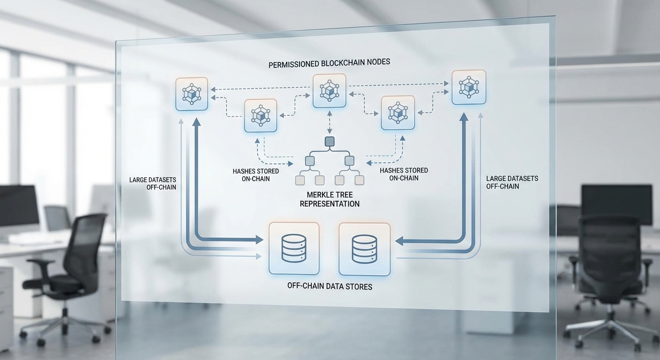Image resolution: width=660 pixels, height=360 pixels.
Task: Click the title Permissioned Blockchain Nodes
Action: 329,63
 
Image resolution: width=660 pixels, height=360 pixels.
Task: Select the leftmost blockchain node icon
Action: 192,94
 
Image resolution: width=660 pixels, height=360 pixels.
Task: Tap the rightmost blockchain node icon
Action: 468,87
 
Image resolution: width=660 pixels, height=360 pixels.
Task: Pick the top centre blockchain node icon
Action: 329,90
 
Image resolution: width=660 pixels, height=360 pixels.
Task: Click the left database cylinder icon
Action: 294,248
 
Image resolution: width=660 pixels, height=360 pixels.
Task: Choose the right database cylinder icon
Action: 364,248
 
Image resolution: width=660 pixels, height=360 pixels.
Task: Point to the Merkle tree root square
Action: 329,142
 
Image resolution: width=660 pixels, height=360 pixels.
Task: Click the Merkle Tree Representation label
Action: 330,199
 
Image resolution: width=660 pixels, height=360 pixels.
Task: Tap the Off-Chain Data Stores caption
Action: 330,285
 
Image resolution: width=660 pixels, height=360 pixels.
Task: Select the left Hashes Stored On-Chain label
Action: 255,175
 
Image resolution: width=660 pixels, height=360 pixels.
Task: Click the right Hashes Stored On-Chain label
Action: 404,174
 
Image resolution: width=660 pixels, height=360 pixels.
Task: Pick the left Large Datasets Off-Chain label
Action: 153,183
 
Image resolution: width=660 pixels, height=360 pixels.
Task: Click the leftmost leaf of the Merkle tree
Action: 300,180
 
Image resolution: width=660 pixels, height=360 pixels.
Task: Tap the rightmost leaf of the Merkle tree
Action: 360,180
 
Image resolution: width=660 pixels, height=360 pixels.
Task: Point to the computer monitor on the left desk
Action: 19,206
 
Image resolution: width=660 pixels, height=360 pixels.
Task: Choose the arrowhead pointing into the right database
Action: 399,241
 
